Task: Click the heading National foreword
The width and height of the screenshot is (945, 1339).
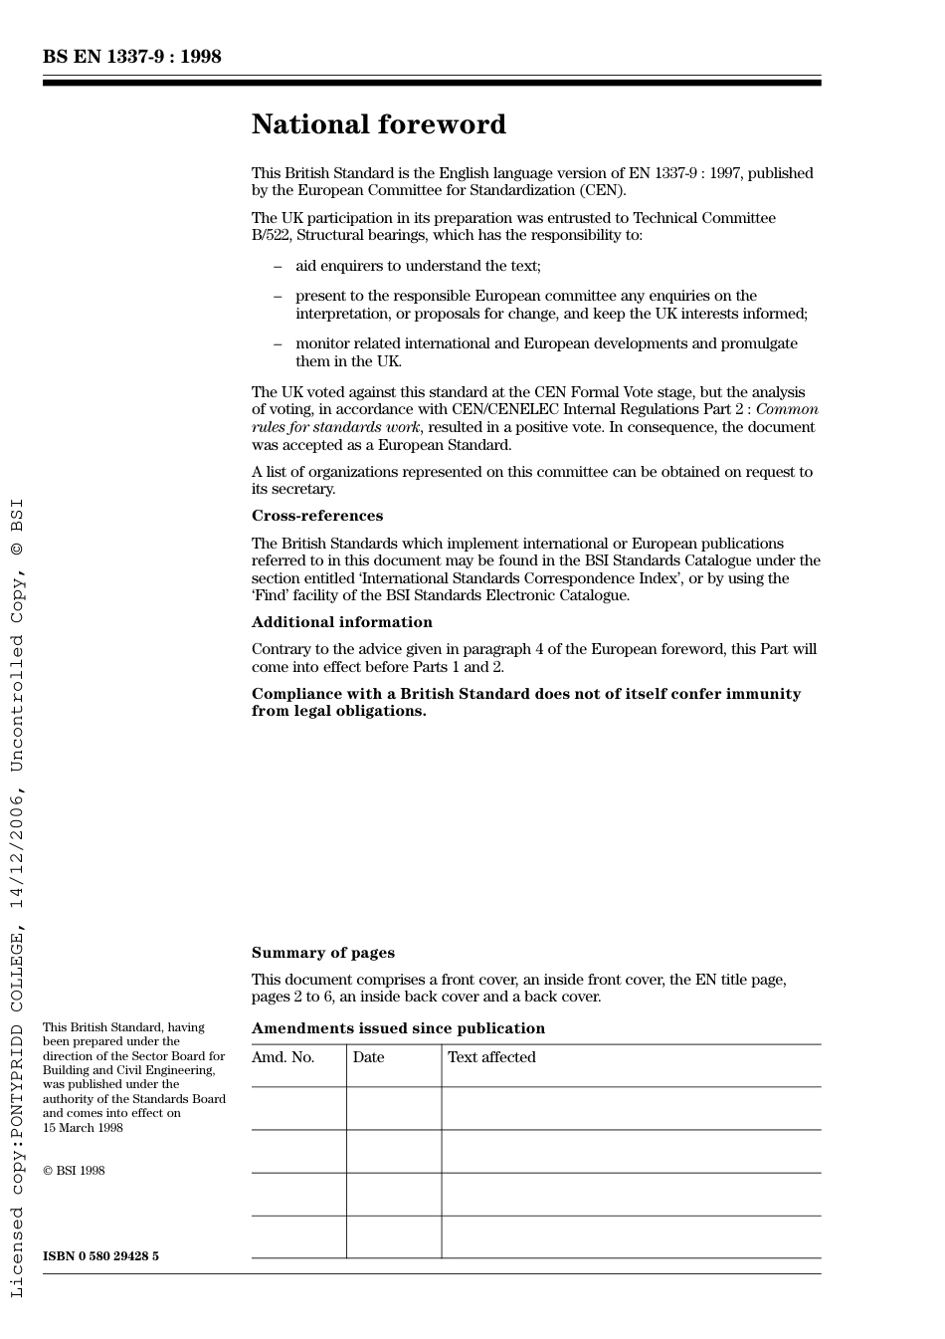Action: click(x=378, y=124)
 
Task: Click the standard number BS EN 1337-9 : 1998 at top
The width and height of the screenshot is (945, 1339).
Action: click(x=131, y=57)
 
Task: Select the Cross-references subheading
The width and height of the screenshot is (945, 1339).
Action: click(x=316, y=516)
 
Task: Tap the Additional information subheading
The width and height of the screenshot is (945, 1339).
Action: click(x=341, y=622)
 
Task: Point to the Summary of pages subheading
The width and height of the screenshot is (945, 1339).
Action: click(x=322, y=953)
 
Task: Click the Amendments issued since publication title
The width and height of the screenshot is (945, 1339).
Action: click(x=398, y=1028)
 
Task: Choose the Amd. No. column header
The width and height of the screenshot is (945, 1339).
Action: click(x=283, y=1057)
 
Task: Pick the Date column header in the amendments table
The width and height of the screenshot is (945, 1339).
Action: click(x=368, y=1057)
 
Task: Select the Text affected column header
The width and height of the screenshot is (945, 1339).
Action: click(x=491, y=1057)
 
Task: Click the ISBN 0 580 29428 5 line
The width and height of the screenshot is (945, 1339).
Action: click(x=100, y=1256)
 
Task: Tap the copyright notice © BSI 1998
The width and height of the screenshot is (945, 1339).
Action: click(x=74, y=1171)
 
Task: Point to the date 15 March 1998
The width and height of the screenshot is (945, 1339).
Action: click(x=83, y=1128)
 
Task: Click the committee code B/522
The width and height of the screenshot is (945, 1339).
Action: click(x=271, y=236)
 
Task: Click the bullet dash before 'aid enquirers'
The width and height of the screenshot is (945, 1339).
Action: click(x=278, y=266)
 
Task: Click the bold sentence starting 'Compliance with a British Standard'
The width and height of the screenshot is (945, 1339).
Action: click(x=525, y=702)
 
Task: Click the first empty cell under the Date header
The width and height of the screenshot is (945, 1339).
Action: click(x=394, y=1108)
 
